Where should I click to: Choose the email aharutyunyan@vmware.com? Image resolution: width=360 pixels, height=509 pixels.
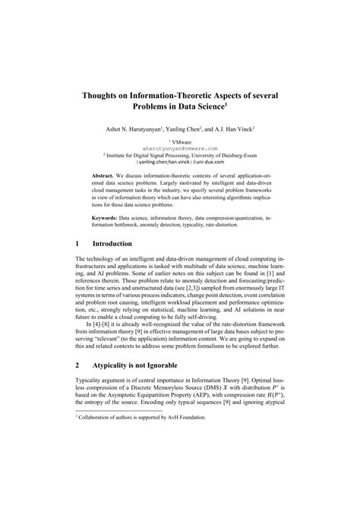coord(180,148)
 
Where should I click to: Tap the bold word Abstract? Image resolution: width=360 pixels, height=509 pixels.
coord(116,174)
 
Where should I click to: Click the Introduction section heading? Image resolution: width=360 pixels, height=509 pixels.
coord(112,244)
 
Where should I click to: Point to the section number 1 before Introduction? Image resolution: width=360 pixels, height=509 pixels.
coord(79,244)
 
